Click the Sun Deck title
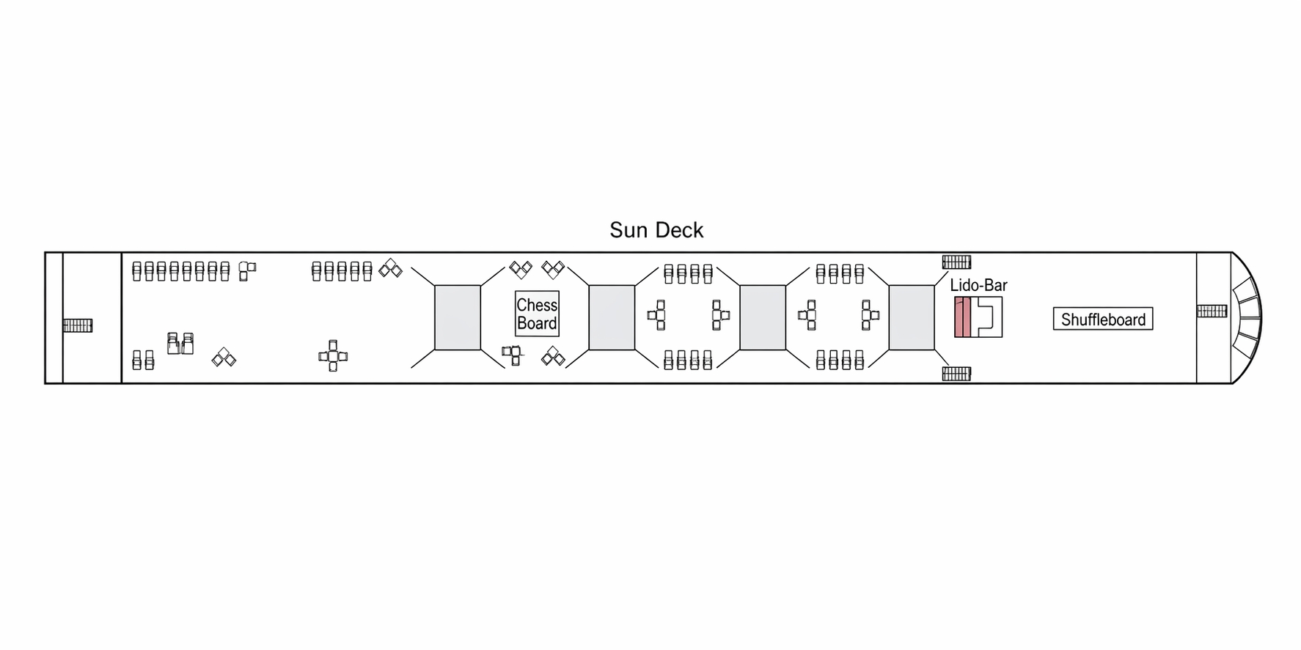pyautogui.click(x=656, y=230)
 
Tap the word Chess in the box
pyautogui.click(x=537, y=305)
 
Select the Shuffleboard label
pyautogui.click(x=1103, y=320)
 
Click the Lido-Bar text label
pyautogui.click(x=978, y=285)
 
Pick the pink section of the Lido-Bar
pyautogui.click(x=962, y=317)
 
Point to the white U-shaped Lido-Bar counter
pyautogui.click(x=986, y=317)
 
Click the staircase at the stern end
pyautogui.click(x=78, y=325)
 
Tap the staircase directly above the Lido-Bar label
pyautogui.click(x=956, y=262)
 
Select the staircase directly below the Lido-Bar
pyautogui.click(x=956, y=374)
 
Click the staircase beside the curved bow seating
pyautogui.click(x=1212, y=311)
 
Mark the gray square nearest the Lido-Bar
pyautogui.click(x=912, y=317)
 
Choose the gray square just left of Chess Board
pyautogui.click(x=458, y=317)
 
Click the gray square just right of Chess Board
pyautogui.click(x=612, y=317)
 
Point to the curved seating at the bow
pyautogui.click(x=1247, y=317)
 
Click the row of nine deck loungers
pyautogui.click(x=181, y=271)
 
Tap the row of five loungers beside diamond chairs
pyautogui.click(x=342, y=271)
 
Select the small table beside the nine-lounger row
pyautogui.click(x=247, y=270)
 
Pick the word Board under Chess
pyautogui.click(x=537, y=324)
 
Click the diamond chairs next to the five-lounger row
pyautogui.click(x=390, y=269)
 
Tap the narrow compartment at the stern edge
pyautogui.click(x=54, y=317)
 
